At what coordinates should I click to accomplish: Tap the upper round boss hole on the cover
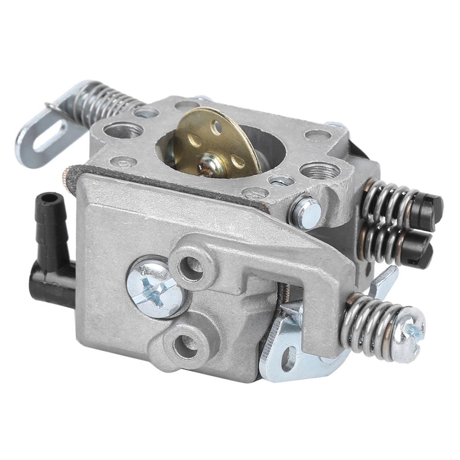190,265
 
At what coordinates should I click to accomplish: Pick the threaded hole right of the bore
319,169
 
